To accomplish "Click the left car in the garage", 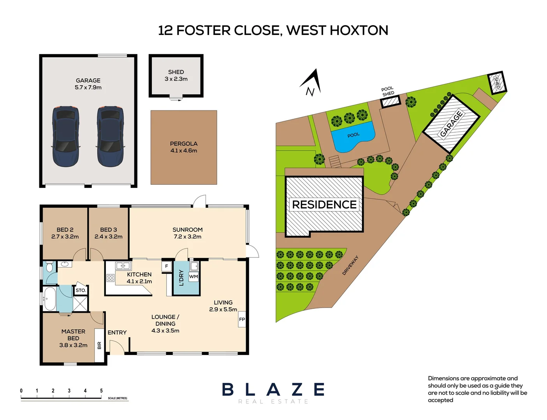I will pyautogui.click(x=65, y=136).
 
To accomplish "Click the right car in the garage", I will pyautogui.click(x=110, y=136).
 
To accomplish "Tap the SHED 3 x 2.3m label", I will pyautogui.click(x=176, y=75).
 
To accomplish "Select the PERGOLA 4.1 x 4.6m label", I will pyautogui.click(x=184, y=147).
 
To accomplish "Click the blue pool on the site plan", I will pyautogui.click(x=353, y=137).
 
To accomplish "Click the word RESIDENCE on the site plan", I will pyautogui.click(x=324, y=205).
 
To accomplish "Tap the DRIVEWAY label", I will pyautogui.click(x=350, y=266).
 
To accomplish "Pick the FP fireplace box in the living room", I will pyautogui.click(x=242, y=319).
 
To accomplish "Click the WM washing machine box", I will pyautogui.click(x=193, y=276).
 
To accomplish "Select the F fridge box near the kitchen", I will pyautogui.click(x=167, y=266).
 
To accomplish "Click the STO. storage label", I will pyautogui.click(x=81, y=290).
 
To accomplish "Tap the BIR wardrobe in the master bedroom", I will pyautogui.click(x=99, y=345).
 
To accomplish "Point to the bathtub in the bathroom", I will pyautogui.click(x=50, y=299).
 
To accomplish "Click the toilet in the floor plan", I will pyautogui.click(x=49, y=268).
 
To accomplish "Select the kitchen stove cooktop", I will pyautogui.click(x=110, y=278).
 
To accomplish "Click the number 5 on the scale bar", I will pyautogui.click(x=101, y=391).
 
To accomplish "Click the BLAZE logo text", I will pyautogui.click(x=273, y=389).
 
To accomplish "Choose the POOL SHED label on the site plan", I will pyautogui.click(x=387, y=91).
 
